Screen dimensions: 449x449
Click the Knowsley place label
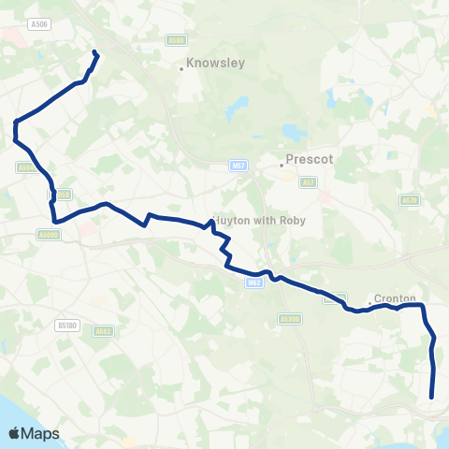click(x=215, y=65)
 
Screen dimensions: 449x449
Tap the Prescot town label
click(x=310, y=160)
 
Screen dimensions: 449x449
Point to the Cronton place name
click(x=395, y=298)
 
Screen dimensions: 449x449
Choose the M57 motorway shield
click(x=239, y=166)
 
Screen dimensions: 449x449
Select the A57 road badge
click(x=309, y=183)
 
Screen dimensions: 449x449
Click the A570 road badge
click(x=409, y=200)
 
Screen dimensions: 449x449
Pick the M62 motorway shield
click(x=254, y=282)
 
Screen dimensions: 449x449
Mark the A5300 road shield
click(x=290, y=319)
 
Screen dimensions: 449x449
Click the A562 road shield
click(x=103, y=330)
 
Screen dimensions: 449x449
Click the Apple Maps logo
click(x=34, y=433)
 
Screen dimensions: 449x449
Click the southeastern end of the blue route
click(x=431, y=398)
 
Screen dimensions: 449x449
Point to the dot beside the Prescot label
click(x=281, y=165)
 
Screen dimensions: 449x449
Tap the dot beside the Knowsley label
click(x=181, y=68)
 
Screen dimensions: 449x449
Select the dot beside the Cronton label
click(x=395, y=306)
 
